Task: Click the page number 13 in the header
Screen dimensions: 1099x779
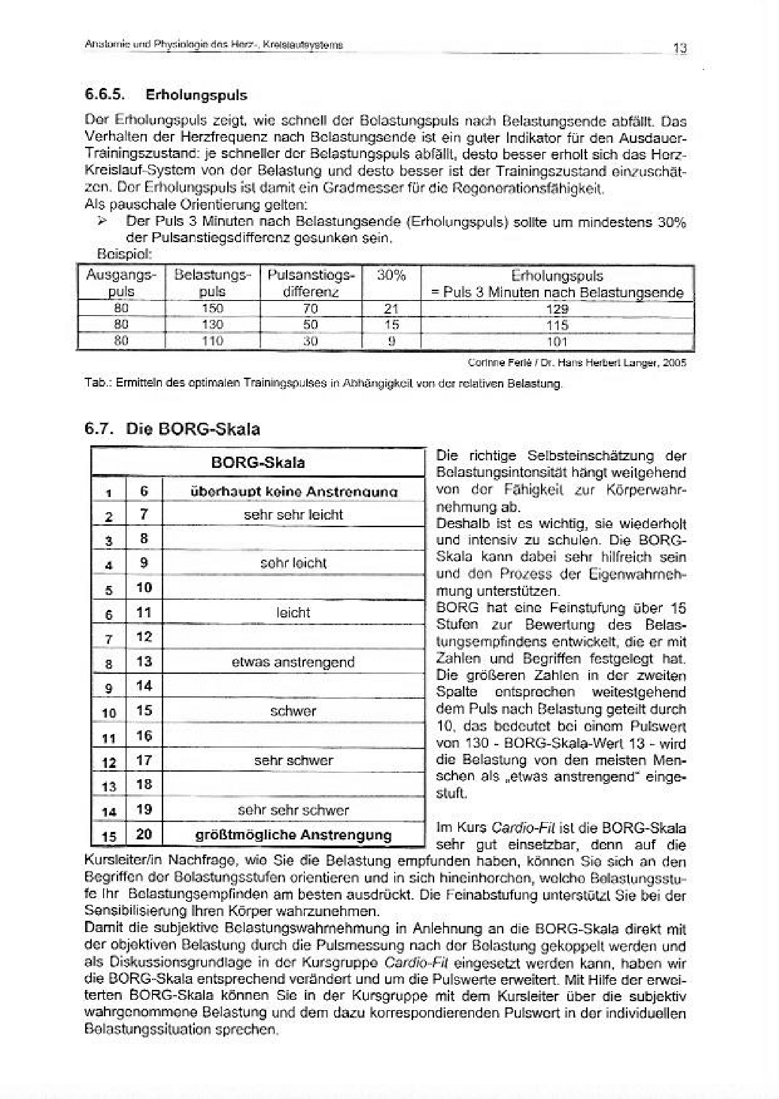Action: [680, 48]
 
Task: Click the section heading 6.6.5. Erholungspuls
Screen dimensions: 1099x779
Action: [166, 95]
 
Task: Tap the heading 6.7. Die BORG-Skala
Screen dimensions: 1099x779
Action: [172, 429]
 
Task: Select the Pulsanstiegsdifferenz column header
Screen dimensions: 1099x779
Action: [311, 284]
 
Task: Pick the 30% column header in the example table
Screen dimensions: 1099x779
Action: [391, 276]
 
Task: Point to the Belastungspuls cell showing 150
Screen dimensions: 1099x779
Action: [213, 308]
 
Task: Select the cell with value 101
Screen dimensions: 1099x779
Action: [557, 342]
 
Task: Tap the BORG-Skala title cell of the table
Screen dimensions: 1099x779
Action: [258, 463]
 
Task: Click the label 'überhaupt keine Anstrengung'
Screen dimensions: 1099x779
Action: [294, 491]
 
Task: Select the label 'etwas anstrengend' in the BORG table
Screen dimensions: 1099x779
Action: [293, 662]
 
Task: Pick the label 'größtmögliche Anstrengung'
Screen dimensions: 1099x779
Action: [294, 835]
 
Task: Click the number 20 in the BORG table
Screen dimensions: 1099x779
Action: [144, 834]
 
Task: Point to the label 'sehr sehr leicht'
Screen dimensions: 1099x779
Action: [294, 515]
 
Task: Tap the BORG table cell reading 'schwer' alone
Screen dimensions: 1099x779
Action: [293, 711]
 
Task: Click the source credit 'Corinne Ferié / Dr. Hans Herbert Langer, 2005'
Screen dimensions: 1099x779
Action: [577, 363]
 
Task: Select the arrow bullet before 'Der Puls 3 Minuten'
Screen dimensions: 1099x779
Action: [102, 221]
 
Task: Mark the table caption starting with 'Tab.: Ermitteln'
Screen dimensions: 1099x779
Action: [322, 384]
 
